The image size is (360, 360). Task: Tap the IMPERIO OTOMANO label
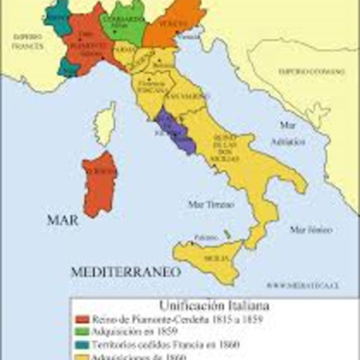pos(305,69)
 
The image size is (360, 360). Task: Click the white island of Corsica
pos(105,123)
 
